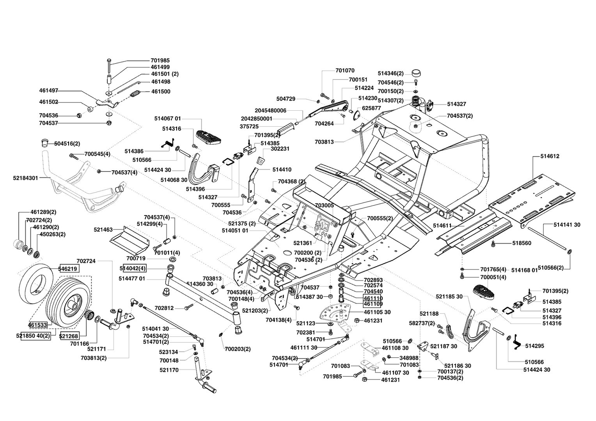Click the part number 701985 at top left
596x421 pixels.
point(160,60)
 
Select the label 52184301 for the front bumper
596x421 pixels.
point(25,178)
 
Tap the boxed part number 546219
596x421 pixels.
point(68,269)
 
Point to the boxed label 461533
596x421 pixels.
point(37,325)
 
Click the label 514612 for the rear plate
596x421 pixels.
point(550,156)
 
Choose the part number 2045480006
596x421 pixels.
point(270,110)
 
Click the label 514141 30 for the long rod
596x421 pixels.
point(567,225)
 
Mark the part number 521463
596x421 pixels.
point(103,229)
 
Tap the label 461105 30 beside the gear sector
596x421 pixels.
point(377,312)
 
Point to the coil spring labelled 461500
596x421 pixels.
point(135,94)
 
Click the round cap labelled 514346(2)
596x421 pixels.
point(417,73)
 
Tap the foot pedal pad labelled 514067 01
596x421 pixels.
point(209,137)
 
